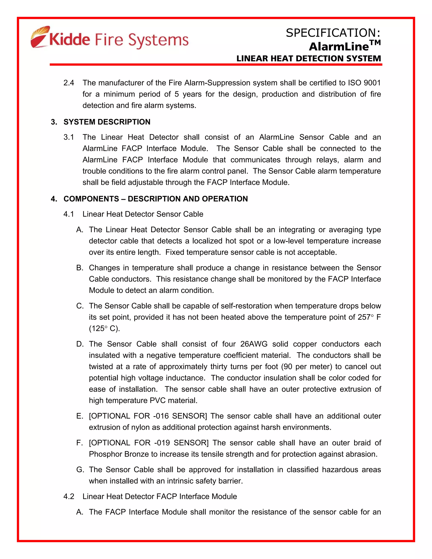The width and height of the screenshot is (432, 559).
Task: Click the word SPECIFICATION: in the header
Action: (333, 33)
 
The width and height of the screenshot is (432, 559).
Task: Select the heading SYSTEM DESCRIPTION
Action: (107, 122)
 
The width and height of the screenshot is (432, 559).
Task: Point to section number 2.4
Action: (69, 83)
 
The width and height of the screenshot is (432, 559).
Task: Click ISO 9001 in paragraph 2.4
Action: (364, 83)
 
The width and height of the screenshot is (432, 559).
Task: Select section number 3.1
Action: (69, 137)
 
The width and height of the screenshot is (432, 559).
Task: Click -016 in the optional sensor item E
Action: (161, 416)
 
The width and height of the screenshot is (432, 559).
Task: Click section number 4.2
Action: (69, 497)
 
